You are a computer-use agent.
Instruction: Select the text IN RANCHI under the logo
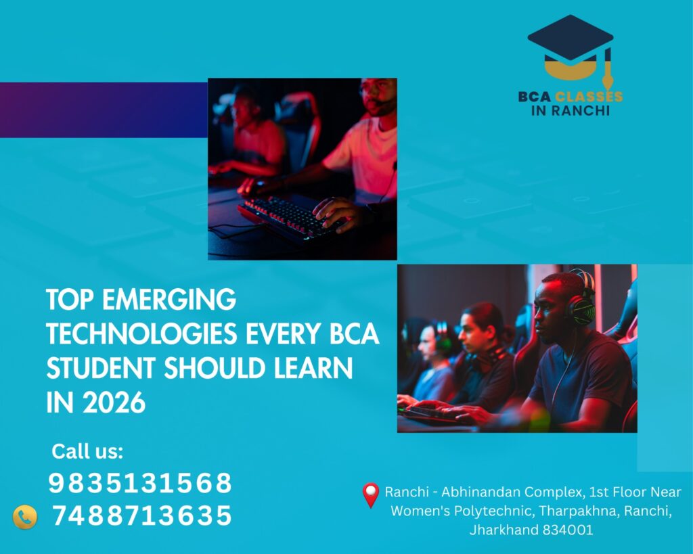pyautogui.click(x=570, y=110)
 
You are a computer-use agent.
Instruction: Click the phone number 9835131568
pyautogui.click(x=139, y=483)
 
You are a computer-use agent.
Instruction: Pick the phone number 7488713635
pyautogui.click(x=142, y=515)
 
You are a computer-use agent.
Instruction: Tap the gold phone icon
pyautogui.click(x=25, y=517)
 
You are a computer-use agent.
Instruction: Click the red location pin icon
pyautogui.click(x=370, y=494)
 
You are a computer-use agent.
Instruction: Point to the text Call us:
pyautogui.click(x=87, y=451)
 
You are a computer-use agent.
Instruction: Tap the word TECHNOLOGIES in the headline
pyautogui.click(x=142, y=333)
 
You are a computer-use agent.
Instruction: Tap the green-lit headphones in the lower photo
pyautogui.click(x=580, y=295)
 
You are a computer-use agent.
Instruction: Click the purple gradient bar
pyautogui.click(x=104, y=110)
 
